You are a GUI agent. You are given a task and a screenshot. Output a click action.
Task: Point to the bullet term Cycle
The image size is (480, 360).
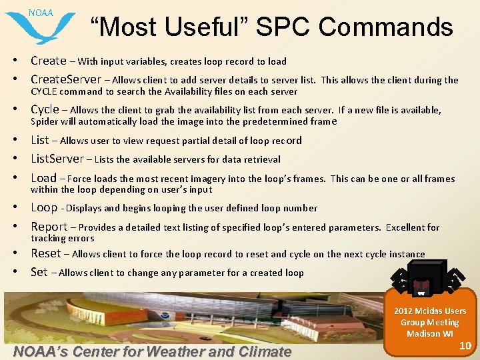pyautogui.click(x=45, y=109)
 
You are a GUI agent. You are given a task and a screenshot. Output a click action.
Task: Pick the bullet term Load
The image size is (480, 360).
pyautogui.click(x=43, y=178)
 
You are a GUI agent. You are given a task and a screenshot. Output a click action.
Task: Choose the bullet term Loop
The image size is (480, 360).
pyautogui.click(x=44, y=207)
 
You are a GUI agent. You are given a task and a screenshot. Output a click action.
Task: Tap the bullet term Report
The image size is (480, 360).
pyautogui.click(x=49, y=227)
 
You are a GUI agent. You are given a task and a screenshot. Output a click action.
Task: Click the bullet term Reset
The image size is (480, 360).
pyautogui.click(x=45, y=253)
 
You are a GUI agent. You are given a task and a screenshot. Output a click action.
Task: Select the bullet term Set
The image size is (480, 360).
pyautogui.click(x=39, y=272)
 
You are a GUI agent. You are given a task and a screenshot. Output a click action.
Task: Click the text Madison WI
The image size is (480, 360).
pyautogui.click(x=430, y=333)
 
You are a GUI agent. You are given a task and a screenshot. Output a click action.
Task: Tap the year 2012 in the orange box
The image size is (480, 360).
pyautogui.click(x=403, y=311)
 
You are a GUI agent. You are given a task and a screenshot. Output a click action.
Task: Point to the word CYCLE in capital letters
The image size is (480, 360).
pyautogui.click(x=45, y=91)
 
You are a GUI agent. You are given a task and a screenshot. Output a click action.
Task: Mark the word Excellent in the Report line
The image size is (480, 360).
pyautogui.click(x=406, y=227)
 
